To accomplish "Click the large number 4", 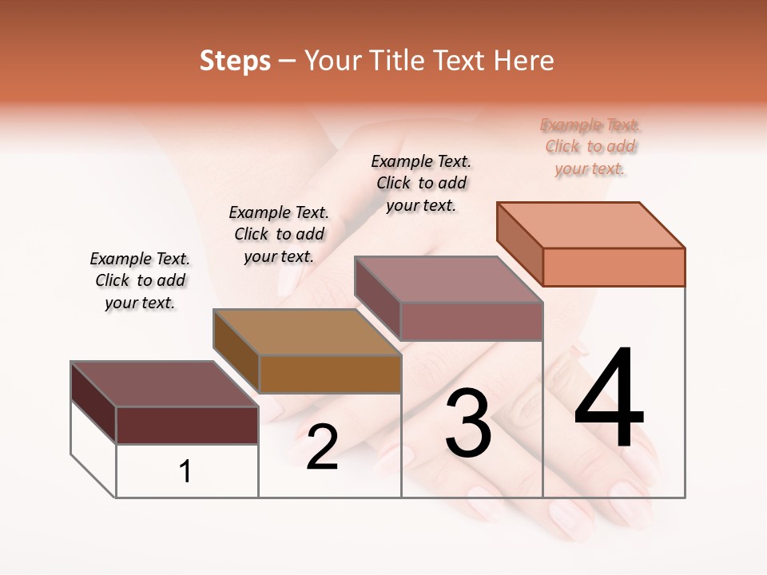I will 609,399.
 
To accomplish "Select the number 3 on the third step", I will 468,423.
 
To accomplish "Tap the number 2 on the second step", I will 322,447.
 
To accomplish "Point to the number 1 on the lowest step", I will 185,472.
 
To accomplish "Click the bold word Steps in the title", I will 235,61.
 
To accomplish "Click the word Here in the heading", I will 524,61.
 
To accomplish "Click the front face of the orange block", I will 614,267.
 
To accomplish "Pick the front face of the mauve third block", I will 471,321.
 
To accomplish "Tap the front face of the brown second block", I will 329,374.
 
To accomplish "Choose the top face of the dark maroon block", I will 165,384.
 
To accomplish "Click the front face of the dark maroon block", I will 187,425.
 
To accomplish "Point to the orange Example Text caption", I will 590,146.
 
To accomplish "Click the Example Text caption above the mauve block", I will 421,183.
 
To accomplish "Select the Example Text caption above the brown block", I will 279,234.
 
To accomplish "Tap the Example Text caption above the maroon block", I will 140,280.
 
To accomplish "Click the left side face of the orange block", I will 519,243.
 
